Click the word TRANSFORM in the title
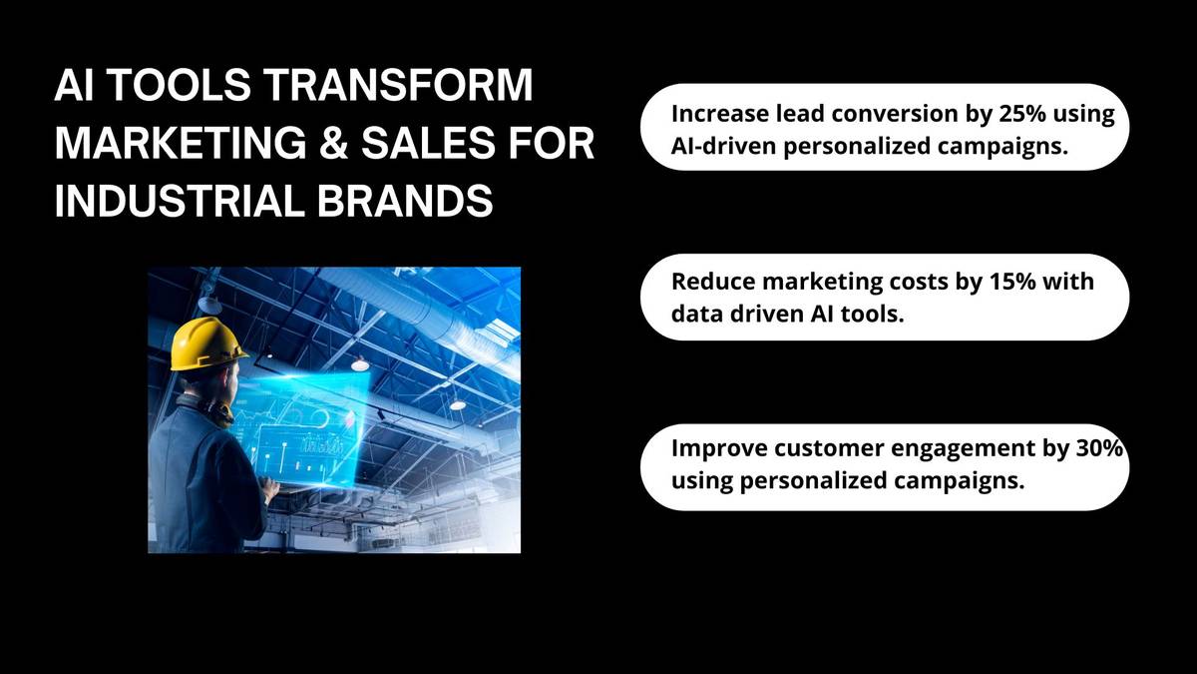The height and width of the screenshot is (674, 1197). click(x=399, y=85)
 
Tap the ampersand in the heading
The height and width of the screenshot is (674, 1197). click(x=333, y=144)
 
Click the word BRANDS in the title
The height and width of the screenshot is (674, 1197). click(x=405, y=201)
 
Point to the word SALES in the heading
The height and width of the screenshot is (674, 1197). click(x=428, y=144)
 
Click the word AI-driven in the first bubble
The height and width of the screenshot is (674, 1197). click(x=723, y=146)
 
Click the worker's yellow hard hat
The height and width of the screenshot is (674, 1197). click(x=208, y=343)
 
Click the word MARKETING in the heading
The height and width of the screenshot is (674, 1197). click(x=181, y=144)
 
